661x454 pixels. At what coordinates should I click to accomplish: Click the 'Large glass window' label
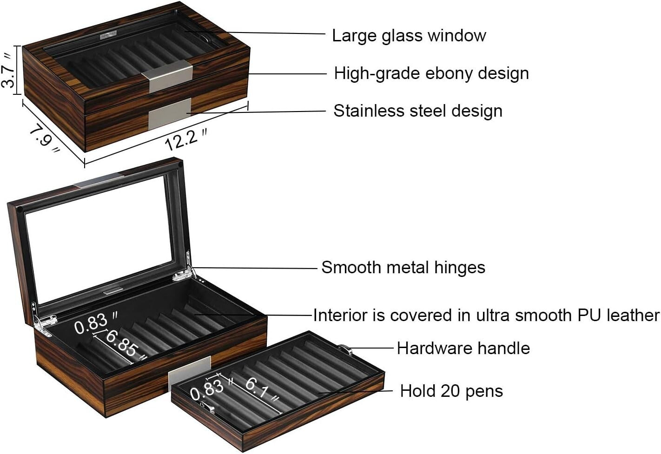(409, 35)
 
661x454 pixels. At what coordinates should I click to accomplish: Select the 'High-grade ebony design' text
(431, 73)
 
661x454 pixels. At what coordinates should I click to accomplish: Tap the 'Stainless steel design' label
(417, 111)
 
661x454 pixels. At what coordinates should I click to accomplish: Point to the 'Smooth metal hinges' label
(403, 267)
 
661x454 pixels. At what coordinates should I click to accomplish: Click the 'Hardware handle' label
(463, 348)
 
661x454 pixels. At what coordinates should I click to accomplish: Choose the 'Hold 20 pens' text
(451, 391)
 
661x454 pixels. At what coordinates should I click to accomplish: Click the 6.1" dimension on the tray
(263, 389)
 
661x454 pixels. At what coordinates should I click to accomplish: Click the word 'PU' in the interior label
(589, 315)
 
